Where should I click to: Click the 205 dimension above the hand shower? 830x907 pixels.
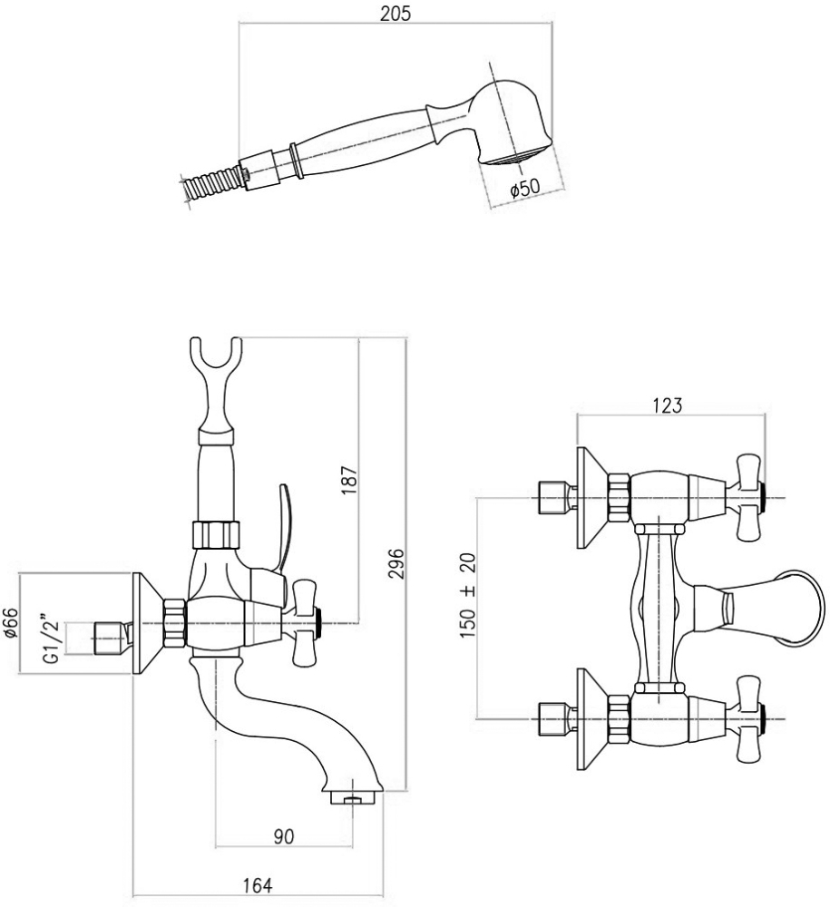[x=395, y=14]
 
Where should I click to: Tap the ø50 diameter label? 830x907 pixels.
[x=525, y=188]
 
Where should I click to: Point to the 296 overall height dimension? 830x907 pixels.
[x=396, y=563]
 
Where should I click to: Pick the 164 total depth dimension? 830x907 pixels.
[x=257, y=884]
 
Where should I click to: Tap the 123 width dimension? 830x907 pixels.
[x=668, y=405]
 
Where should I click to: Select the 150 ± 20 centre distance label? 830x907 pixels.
[x=467, y=595]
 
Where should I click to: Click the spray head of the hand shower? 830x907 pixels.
[x=512, y=124]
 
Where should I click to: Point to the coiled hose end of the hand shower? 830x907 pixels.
[x=212, y=181]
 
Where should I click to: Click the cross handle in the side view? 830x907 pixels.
[x=306, y=623]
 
